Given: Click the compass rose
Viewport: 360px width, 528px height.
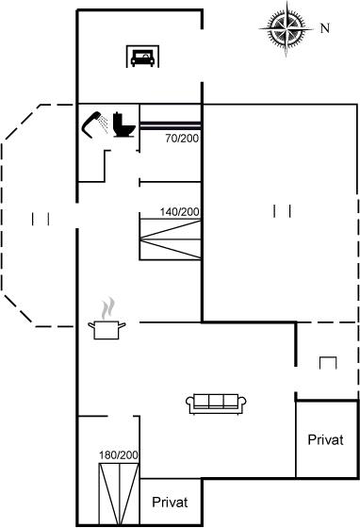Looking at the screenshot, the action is (x=286, y=29).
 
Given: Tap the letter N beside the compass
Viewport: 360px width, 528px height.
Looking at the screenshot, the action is (x=325, y=28).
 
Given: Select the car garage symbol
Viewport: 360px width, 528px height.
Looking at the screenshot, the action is (x=142, y=57).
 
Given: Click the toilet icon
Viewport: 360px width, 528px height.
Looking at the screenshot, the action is (x=124, y=124).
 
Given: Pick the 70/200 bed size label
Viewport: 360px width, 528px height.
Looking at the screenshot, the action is (x=182, y=138).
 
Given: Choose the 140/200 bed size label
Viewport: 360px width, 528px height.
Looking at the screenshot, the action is (x=180, y=212).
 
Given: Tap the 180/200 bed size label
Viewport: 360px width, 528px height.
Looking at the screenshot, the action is (x=119, y=454).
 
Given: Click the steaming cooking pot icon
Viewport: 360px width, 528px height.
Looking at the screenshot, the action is (x=106, y=319).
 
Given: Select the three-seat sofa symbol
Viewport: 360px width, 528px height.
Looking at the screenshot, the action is (x=216, y=404).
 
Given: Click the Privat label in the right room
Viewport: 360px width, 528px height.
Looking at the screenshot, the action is (x=325, y=439).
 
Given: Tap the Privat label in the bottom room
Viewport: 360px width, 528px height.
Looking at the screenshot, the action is (x=170, y=502).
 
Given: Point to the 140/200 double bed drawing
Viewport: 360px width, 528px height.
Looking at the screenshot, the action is (x=171, y=239).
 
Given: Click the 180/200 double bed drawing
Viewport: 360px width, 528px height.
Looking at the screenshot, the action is (x=119, y=494).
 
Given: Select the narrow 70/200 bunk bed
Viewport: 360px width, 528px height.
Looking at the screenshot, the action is (x=171, y=125).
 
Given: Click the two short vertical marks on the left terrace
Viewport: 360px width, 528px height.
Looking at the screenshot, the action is (x=41, y=219).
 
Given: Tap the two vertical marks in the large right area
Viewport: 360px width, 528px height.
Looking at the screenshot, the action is (x=282, y=211).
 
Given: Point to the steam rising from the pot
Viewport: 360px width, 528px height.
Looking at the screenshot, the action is (x=108, y=308).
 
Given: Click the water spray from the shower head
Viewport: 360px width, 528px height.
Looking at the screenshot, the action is (x=105, y=124).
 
